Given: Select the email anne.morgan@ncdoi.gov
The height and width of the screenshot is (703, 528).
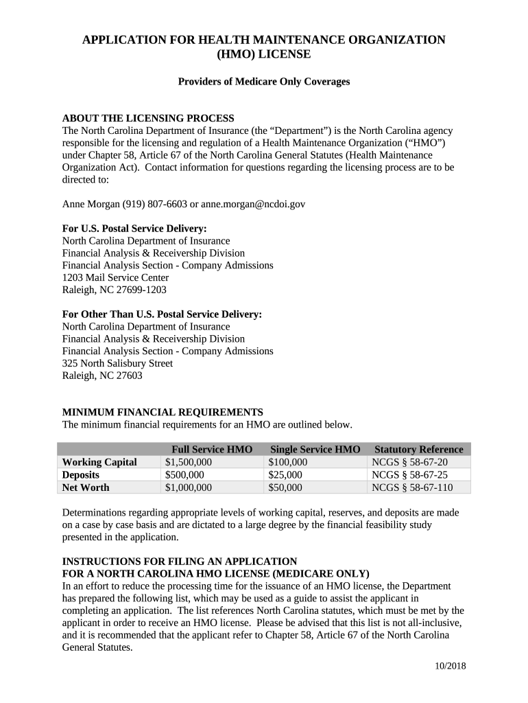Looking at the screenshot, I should click(253, 204).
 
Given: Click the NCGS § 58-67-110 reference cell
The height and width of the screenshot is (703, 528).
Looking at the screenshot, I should click(412, 487).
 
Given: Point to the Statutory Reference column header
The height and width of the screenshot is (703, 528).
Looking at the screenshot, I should click(419, 449).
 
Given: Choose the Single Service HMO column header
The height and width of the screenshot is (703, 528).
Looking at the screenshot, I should click(315, 449).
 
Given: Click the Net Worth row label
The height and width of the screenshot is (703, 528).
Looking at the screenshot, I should click(86, 487).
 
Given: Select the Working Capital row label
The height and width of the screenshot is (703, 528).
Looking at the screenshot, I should click(99, 462).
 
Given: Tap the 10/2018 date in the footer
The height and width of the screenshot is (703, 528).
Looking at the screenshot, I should click(451, 667).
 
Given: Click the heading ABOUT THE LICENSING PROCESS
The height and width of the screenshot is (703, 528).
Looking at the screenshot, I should click(148, 118).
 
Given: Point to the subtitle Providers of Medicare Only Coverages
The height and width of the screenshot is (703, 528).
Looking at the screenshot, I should click(264, 82).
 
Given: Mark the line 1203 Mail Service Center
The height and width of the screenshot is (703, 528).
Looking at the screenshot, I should click(115, 277).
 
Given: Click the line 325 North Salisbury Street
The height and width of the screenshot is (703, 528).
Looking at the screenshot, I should click(117, 363).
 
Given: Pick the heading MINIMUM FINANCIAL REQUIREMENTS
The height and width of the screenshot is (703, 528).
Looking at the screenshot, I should click(163, 412).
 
